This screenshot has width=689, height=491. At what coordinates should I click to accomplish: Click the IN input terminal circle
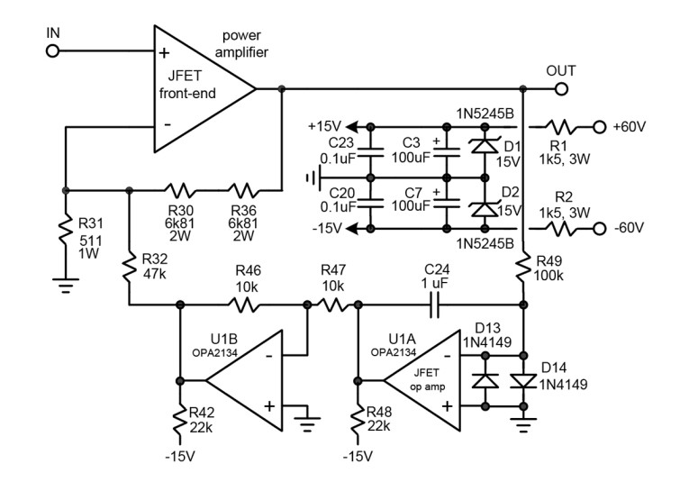click(52, 51)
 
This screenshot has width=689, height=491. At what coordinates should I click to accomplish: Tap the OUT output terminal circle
click(561, 89)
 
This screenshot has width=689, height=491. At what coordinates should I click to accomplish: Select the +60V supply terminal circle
click(599, 127)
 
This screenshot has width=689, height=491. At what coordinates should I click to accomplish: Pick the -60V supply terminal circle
click(599, 229)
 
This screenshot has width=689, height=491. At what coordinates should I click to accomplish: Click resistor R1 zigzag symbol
click(561, 127)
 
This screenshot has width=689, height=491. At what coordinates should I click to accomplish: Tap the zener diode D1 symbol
click(485, 145)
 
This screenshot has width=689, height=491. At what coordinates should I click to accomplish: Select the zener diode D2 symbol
click(485, 209)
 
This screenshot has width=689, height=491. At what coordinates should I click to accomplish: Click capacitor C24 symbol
click(435, 305)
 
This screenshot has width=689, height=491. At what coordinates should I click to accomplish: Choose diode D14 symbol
click(523, 381)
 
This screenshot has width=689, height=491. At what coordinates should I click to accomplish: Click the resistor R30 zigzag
click(180, 190)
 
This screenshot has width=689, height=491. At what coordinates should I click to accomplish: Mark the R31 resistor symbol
click(66, 230)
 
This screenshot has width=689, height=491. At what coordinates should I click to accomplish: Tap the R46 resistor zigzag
click(244, 305)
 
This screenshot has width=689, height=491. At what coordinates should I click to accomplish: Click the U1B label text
click(224, 339)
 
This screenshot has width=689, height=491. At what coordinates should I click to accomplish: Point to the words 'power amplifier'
click(241, 43)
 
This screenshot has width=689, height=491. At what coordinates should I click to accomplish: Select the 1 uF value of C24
click(434, 284)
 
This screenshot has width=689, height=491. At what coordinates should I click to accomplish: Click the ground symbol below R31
click(66, 286)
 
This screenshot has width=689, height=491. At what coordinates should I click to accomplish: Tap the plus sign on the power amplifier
click(164, 53)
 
